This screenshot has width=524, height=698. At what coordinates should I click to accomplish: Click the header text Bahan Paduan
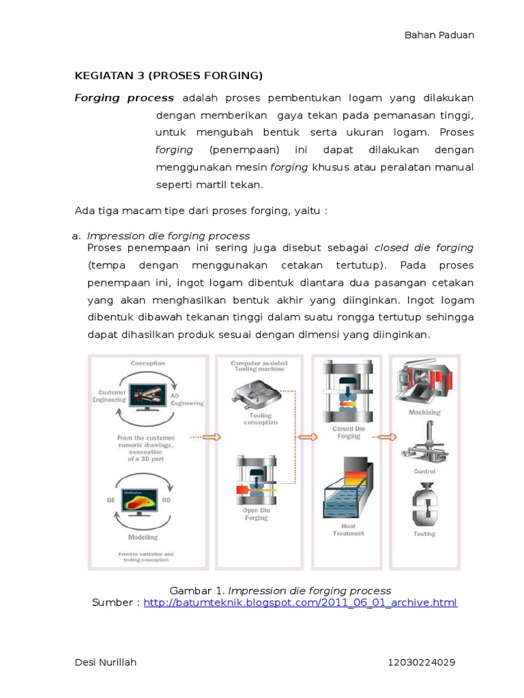click(439, 35)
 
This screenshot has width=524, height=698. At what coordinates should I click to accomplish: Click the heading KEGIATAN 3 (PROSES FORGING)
click(168, 75)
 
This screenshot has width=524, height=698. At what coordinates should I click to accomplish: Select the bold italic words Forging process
click(123, 97)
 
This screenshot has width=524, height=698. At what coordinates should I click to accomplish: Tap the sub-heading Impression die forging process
click(168, 236)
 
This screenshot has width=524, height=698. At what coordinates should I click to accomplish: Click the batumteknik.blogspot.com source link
click(300, 603)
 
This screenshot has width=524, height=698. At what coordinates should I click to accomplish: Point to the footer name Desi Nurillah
click(105, 662)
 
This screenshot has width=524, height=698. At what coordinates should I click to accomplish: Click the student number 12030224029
click(421, 662)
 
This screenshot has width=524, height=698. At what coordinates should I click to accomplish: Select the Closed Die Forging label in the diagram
click(348, 432)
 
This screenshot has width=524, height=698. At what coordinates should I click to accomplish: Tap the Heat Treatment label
click(349, 530)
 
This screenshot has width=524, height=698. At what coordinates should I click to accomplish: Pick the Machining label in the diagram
click(424, 412)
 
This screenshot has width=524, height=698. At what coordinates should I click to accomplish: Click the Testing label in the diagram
click(424, 534)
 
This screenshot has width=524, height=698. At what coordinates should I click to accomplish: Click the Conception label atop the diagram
click(147, 363)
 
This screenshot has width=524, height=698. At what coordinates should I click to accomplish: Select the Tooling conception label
click(260, 419)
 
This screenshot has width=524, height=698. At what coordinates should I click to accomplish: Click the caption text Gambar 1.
click(196, 590)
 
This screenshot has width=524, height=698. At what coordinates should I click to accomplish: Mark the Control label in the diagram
click(424, 472)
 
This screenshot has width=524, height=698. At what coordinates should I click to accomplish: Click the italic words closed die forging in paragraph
click(424, 247)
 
